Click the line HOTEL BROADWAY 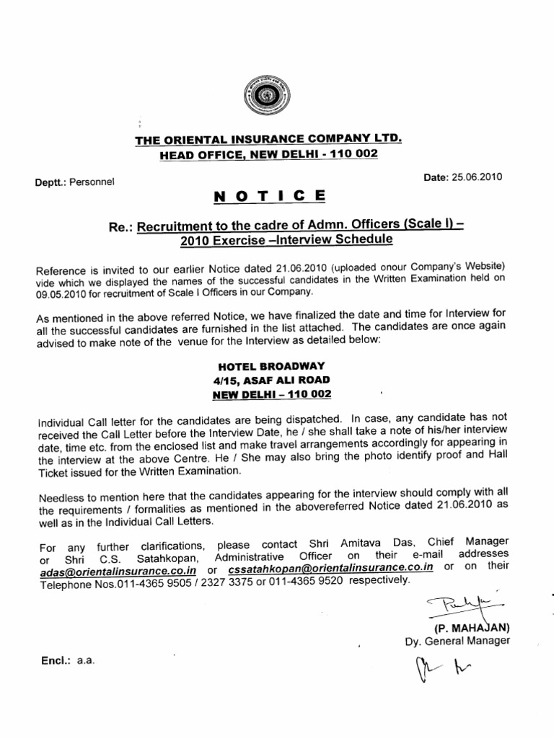(268, 365)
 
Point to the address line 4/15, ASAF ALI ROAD (268, 380)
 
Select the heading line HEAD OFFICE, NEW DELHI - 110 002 (268, 154)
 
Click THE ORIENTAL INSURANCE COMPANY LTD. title (268, 138)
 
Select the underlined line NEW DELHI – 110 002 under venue (268, 395)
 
